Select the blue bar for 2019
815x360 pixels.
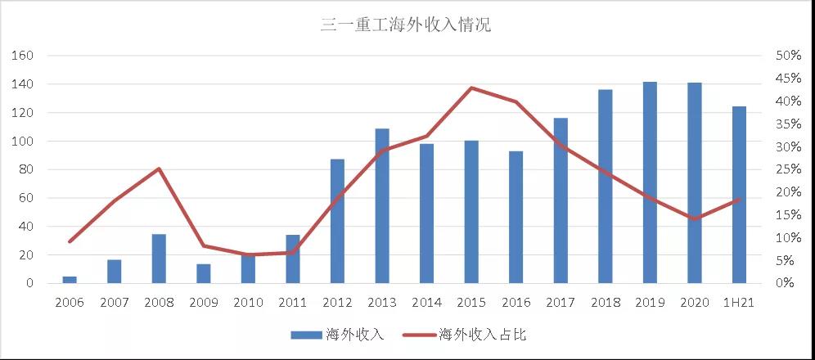coord(650,183)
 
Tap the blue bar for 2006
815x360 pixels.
coord(70,280)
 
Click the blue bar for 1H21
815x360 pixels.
coord(739,195)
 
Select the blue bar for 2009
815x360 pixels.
coord(204,274)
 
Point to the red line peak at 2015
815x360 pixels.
coord(471,88)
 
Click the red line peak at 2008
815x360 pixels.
coord(159,169)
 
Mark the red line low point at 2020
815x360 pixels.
coord(695,219)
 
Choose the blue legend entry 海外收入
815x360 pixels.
coord(336,335)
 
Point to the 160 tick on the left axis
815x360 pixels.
coord(23,56)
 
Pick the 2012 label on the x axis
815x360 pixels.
coord(337,303)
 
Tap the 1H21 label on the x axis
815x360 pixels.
coord(738,303)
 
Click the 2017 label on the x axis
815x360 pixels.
coord(561,303)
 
